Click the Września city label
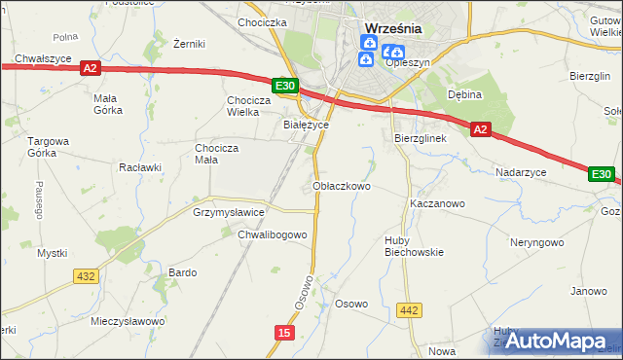coord(392,28)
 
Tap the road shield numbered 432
coord(85,276)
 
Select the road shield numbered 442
coord(409,310)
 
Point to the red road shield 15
coord(283,333)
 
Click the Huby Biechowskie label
coord(414,245)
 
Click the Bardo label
coord(183,272)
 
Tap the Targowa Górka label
coord(48,147)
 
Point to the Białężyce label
coord(306,126)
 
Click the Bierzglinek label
coord(420,138)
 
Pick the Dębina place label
coord(465,94)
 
